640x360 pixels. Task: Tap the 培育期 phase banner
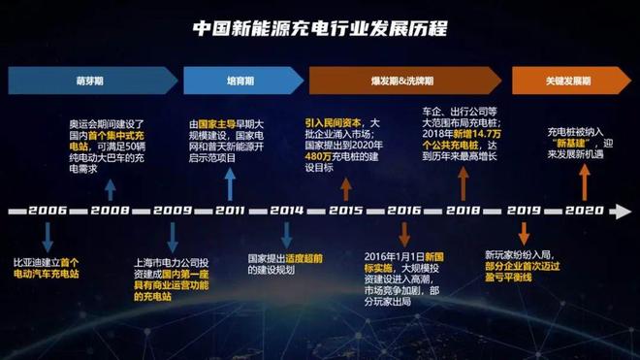(229, 81)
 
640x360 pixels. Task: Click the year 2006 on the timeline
(48, 210)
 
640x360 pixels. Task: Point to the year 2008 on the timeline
(110, 210)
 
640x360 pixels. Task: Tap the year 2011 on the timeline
(230, 210)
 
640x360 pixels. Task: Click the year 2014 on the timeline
(286, 210)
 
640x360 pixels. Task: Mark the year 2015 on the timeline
(345, 210)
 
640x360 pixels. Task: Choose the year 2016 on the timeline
(403, 210)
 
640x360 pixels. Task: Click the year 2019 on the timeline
(524, 210)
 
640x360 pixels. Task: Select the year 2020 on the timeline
(584, 210)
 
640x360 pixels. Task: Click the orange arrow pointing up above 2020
(584, 180)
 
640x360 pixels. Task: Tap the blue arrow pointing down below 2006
(48, 237)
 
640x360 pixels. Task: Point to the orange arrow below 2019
(524, 233)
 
